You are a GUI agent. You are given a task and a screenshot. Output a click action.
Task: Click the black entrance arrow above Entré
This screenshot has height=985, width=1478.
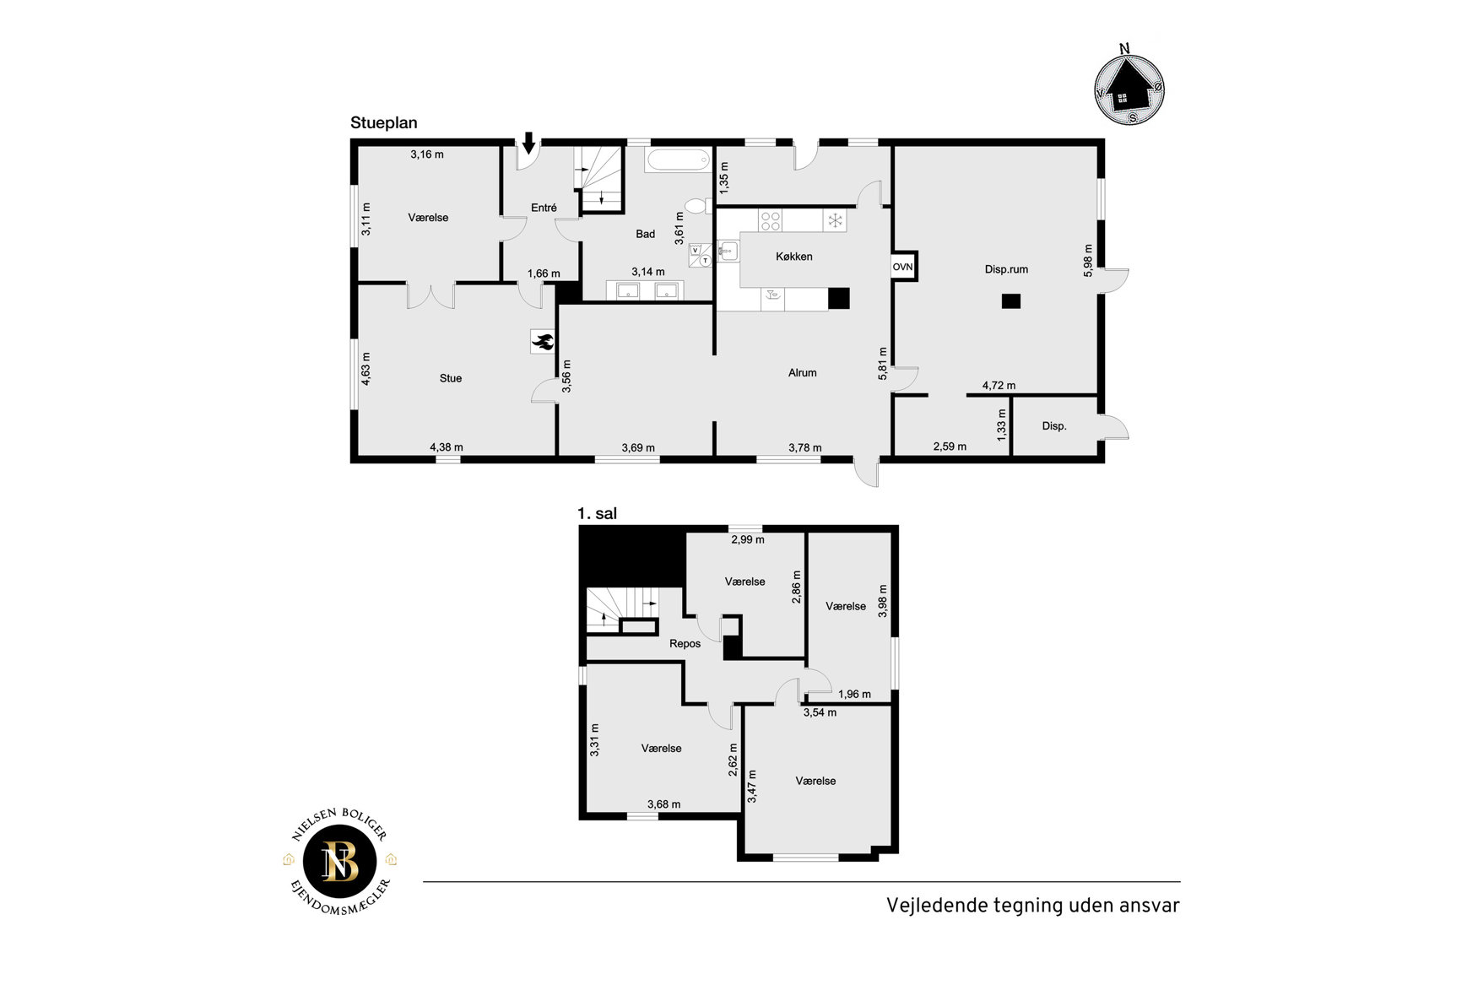(x=528, y=143)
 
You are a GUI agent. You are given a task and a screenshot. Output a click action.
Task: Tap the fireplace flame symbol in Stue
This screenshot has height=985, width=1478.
(x=542, y=341)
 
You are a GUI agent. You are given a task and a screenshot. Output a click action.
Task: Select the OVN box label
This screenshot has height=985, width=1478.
(x=902, y=267)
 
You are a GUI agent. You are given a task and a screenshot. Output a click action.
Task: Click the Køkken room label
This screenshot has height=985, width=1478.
(x=793, y=257)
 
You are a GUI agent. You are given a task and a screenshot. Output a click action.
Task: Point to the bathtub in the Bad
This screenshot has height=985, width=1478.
(x=679, y=160)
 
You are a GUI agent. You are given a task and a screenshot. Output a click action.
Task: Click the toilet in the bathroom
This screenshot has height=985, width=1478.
(x=698, y=205)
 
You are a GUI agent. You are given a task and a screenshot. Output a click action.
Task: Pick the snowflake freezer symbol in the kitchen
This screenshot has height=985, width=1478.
(x=834, y=221)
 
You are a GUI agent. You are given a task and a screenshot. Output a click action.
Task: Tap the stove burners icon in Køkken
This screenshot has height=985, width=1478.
(x=770, y=221)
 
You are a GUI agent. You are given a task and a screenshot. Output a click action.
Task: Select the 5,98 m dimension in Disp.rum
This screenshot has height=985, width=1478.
(x=1088, y=261)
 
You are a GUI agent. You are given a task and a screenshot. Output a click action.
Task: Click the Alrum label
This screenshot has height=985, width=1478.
(x=802, y=372)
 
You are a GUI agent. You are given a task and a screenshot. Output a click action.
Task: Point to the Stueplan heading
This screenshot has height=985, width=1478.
(x=384, y=122)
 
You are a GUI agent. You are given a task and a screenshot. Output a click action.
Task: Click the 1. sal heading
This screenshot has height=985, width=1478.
(x=597, y=513)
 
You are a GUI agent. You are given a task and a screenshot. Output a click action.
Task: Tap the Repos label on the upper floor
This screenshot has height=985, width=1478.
(x=685, y=644)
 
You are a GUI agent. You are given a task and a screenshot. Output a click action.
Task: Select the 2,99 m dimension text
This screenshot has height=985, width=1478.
(x=747, y=539)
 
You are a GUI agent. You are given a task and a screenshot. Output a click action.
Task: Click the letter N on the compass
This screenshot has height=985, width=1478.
(x=1124, y=49)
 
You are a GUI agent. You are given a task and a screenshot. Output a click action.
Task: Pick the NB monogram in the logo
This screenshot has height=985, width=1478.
(x=340, y=862)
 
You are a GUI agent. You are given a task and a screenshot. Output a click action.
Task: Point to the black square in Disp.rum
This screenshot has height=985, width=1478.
(x=1010, y=301)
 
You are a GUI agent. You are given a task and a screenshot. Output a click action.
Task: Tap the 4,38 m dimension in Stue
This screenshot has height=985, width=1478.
(x=447, y=447)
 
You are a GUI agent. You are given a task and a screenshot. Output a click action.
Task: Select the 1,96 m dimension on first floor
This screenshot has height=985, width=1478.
(x=854, y=695)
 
